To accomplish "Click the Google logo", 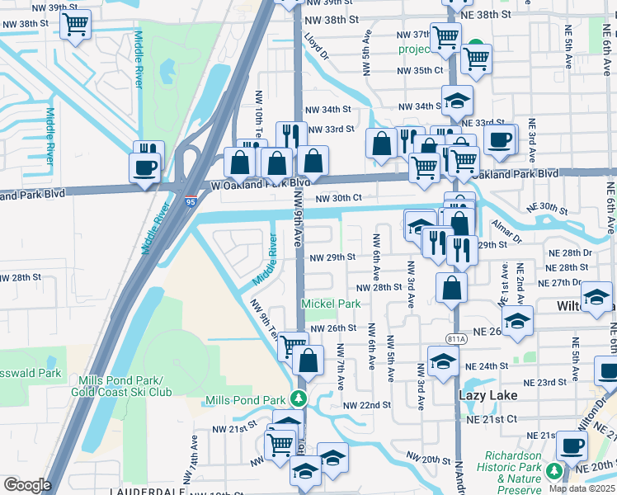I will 27,485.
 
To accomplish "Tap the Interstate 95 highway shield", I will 191,200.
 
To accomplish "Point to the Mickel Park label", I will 331,304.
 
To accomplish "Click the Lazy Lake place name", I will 487,395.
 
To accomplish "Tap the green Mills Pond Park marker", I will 300,399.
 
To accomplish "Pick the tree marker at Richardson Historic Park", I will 554,470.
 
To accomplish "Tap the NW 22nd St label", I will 366,405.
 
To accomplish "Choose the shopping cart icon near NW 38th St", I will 77,26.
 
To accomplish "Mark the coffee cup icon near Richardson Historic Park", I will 570,446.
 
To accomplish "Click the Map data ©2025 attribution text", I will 582,488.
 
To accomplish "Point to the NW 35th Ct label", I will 422,71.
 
